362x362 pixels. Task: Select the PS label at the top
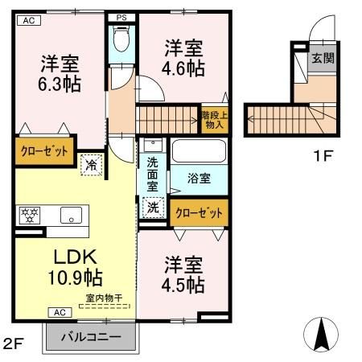click(x=121, y=17)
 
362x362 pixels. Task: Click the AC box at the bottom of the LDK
click(x=60, y=311)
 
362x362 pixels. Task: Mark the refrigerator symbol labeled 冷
click(x=91, y=163)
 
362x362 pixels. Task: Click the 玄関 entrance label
click(x=323, y=59)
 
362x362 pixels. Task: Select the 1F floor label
click(x=323, y=155)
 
